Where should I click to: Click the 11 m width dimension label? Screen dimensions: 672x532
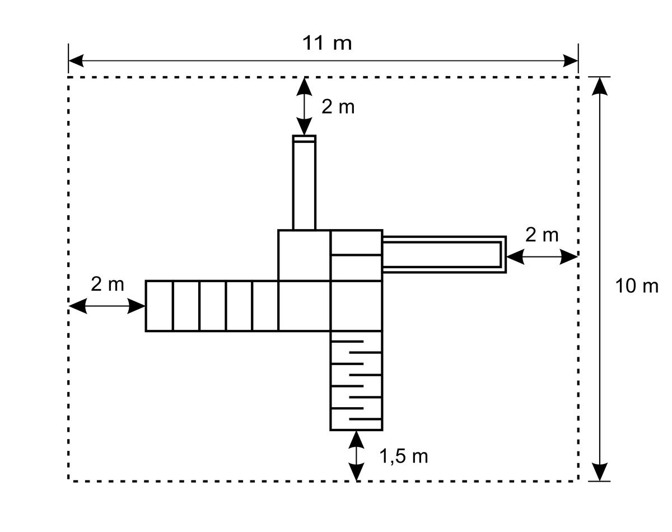(327, 43)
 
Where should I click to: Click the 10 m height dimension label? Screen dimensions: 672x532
(637, 286)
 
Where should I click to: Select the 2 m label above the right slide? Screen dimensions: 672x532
(542, 235)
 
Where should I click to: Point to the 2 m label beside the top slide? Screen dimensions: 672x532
(338, 107)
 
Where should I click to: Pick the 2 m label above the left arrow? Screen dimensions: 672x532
(108, 284)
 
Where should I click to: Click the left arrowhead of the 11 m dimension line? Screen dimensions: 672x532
(76, 60)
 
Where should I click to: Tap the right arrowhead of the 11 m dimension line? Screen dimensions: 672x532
(571, 60)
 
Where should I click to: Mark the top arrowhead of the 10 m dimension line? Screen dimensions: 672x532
(600, 86)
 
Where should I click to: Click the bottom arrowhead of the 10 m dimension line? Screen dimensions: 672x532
(600, 472)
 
